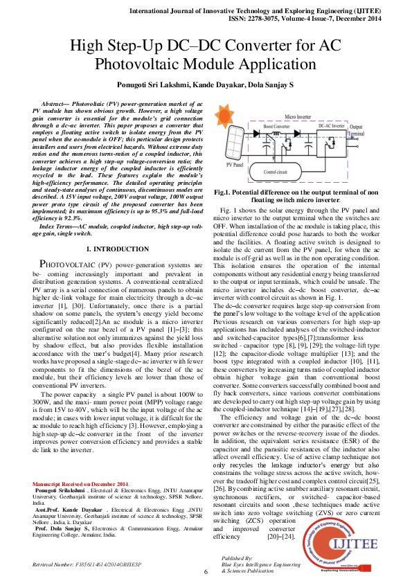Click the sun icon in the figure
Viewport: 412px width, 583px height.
click(226, 114)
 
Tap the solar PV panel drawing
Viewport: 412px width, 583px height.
click(233, 142)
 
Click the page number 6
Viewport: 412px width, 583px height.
click(206, 571)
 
